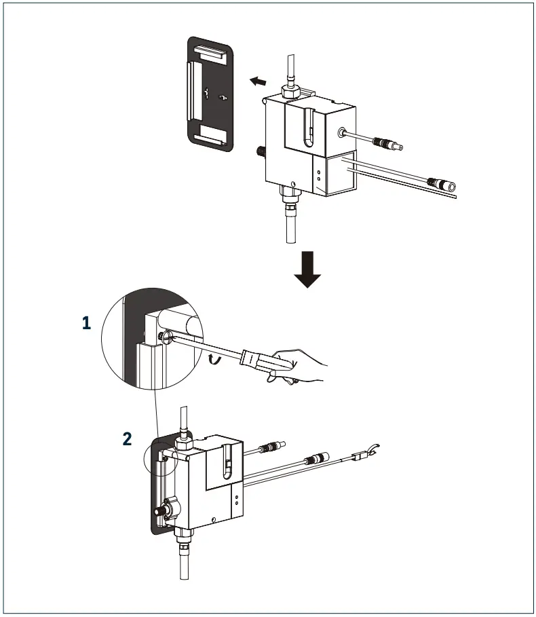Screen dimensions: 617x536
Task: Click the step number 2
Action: click(x=128, y=438)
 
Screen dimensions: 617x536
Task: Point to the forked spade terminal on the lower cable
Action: click(x=369, y=451)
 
